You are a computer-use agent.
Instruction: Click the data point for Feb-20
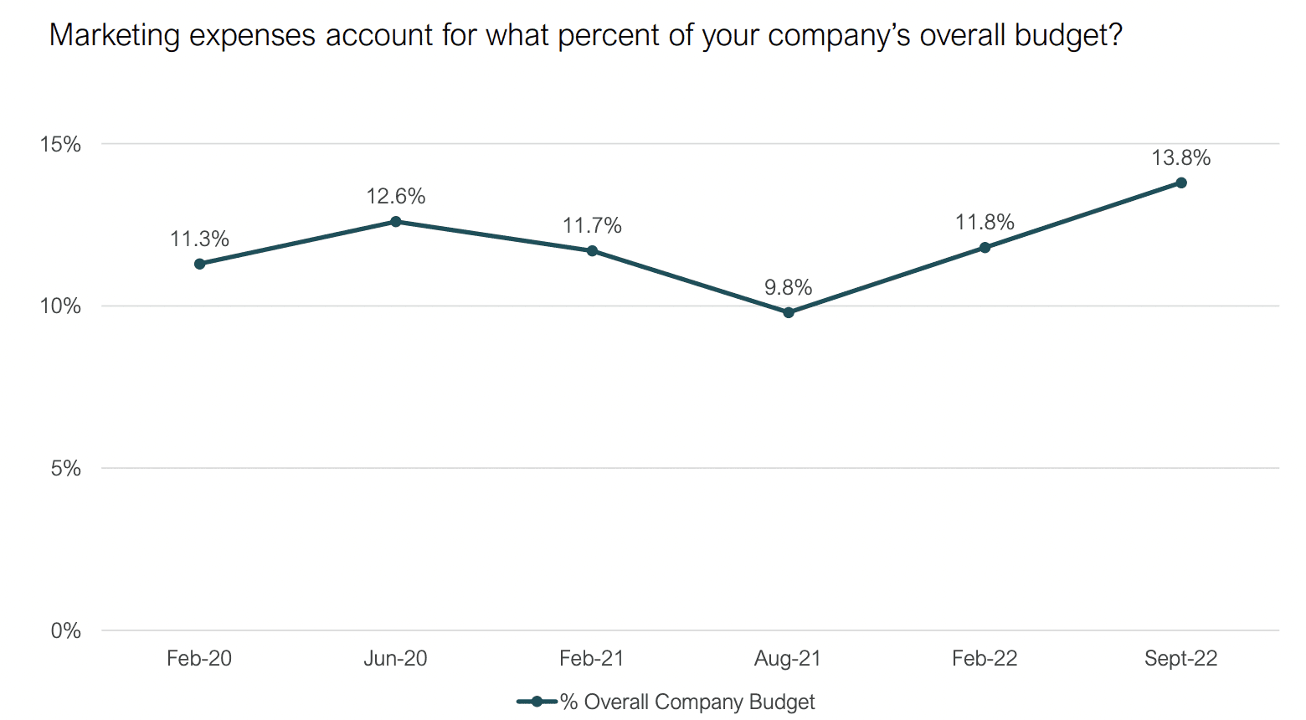point(199,264)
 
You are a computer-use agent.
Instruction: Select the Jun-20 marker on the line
point(395,222)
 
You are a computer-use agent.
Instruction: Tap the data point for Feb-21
point(592,250)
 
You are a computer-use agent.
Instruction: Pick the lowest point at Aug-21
point(789,312)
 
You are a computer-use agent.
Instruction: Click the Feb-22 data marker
point(985,248)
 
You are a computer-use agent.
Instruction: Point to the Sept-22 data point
point(1181,183)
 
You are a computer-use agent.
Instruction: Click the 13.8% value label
point(1181,157)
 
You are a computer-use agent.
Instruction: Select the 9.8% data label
point(789,287)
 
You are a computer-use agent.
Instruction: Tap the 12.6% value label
point(396,197)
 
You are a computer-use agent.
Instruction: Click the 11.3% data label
point(199,239)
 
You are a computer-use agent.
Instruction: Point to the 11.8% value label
point(985,222)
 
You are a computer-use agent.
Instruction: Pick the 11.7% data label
point(593,225)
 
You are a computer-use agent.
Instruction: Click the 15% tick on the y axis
point(60,145)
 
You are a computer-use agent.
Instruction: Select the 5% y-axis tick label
point(65,469)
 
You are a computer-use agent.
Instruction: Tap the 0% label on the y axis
point(65,630)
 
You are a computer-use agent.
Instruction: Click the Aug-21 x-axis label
point(788,659)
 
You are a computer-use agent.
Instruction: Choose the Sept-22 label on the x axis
point(1181,659)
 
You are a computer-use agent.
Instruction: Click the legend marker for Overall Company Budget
point(537,702)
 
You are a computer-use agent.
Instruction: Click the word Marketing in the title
point(114,36)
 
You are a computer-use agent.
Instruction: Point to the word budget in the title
point(1068,36)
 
